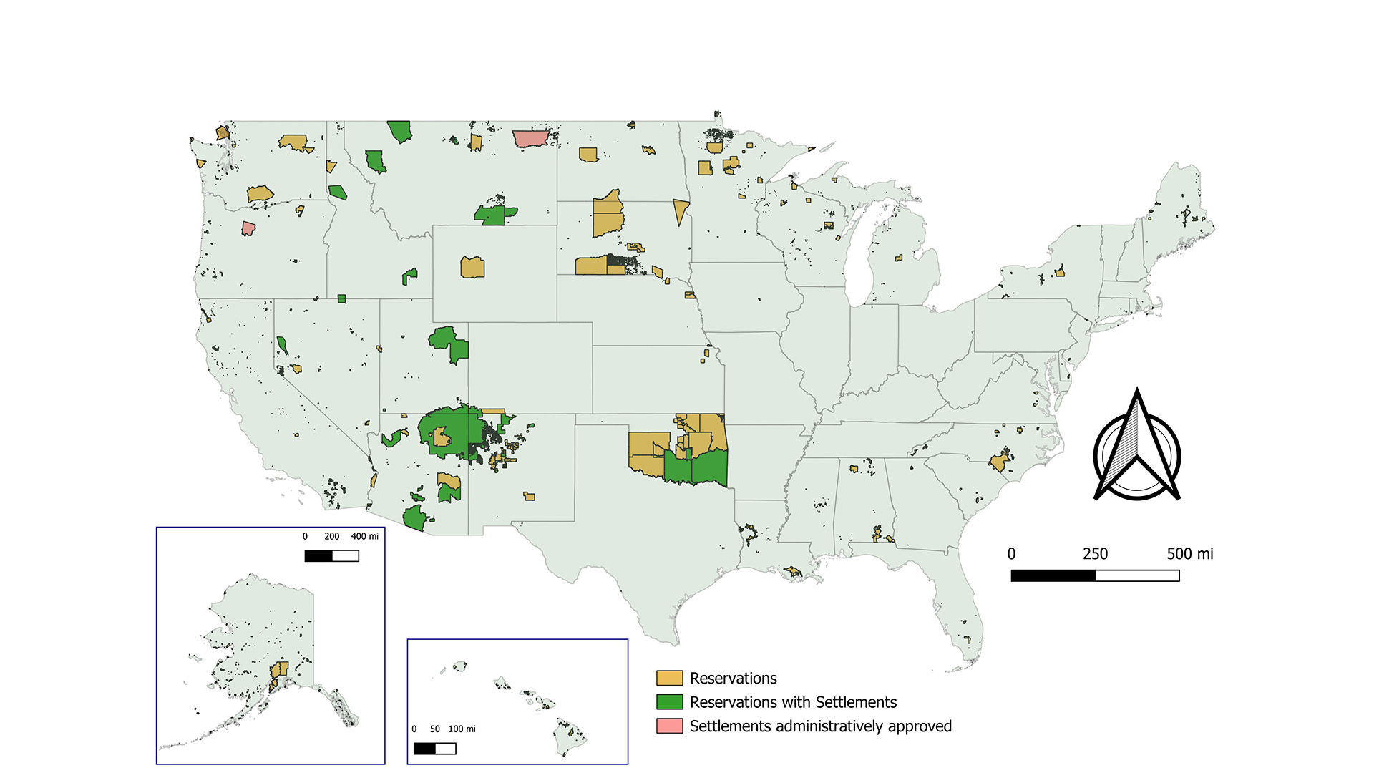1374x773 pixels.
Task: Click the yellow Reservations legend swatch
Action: click(x=669, y=678)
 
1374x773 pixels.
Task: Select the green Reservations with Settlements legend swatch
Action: click(x=669, y=701)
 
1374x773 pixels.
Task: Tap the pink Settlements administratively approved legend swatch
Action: click(x=669, y=726)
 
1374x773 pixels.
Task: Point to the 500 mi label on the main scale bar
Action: click(x=1189, y=554)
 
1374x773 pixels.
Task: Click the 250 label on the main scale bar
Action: click(x=1095, y=554)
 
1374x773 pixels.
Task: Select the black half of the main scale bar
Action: click(x=1053, y=575)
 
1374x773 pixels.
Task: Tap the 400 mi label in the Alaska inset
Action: click(x=364, y=536)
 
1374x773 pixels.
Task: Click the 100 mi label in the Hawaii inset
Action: click(x=462, y=729)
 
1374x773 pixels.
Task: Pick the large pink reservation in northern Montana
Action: click(x=530, y=138)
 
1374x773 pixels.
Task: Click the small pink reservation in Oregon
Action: click(x=248, y=228)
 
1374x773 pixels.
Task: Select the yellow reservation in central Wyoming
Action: click(x=472, y=267)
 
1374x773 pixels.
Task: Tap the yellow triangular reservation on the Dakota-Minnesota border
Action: click(x=680, y=210)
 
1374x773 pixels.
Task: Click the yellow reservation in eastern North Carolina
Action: click(x=1000, y=462)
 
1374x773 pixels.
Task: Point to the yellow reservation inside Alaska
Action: click(x=279, y=670)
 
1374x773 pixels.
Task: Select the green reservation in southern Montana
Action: click(x=494, y=214)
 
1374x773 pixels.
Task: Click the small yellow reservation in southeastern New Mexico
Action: click(x=529, y=496)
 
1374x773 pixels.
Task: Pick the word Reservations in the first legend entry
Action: click(x=733, y=678)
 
